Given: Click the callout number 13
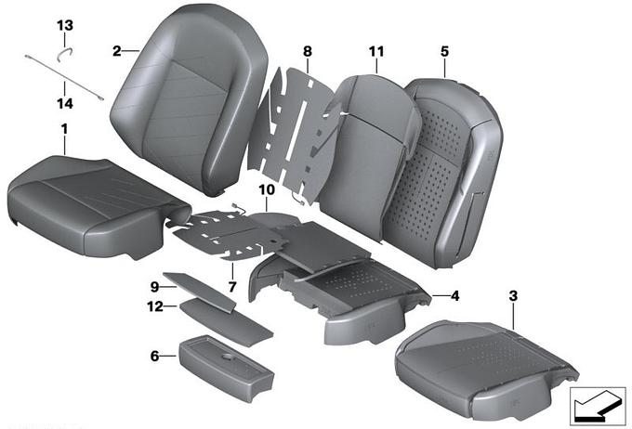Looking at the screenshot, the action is click(x=65, y=26).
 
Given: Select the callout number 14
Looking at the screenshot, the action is click(x=65, y=103).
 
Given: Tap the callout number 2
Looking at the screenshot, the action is click(x=116, y=51).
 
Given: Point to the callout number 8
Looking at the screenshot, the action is click(x=307, y=51).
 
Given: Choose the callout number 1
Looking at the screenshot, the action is click(x=64, y=129).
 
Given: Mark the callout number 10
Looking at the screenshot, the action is click(x=267, y=189).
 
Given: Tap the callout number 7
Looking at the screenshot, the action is click(x=232, y=287).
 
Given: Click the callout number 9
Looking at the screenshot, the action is click(x=155, y=287).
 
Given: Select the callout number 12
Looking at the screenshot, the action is click(x=155, y=306).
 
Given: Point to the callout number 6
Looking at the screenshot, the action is click(x=155, y=356).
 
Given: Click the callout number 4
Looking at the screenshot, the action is click(x=454, y=296).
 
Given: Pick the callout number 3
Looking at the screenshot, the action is click(x=513, y=296).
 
